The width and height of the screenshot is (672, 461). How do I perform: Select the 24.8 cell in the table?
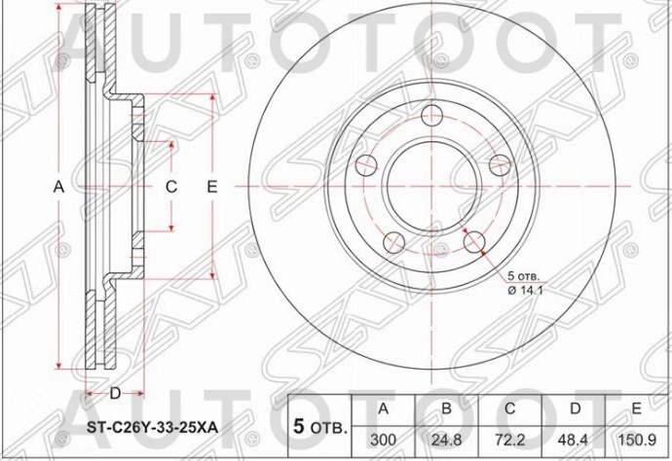pos(445,440)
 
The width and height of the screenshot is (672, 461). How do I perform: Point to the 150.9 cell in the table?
pos(637,440)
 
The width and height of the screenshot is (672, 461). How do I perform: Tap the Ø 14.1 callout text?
pos(527,288)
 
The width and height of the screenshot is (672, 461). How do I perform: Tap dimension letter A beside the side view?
pos(56,186)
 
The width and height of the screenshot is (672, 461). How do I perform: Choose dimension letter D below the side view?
pos(114,393)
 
